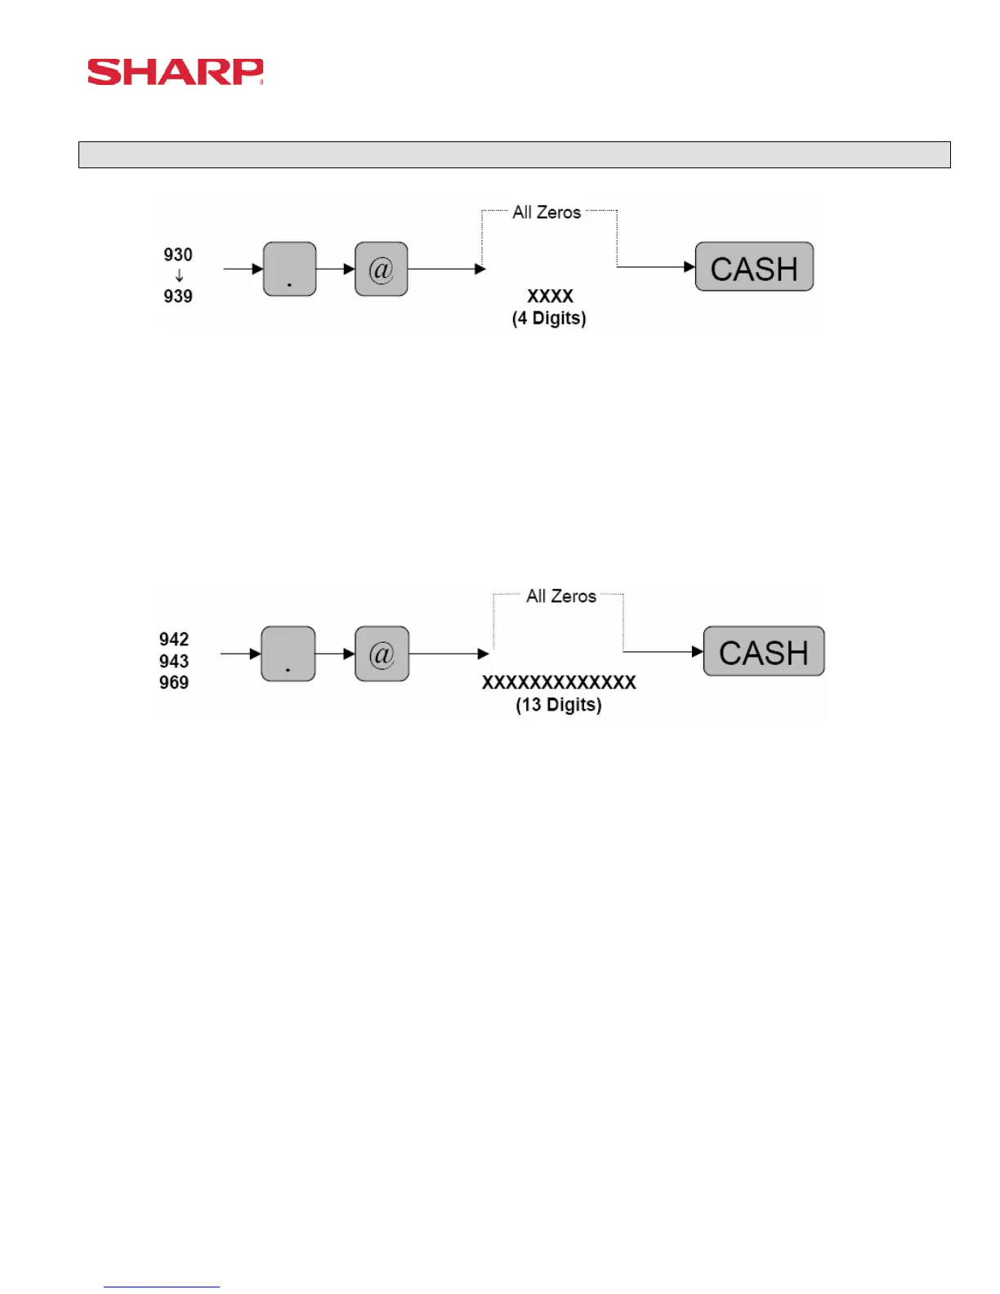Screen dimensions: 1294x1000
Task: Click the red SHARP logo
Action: click(175, 72)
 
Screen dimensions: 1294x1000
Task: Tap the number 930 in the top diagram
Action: click(178, 255)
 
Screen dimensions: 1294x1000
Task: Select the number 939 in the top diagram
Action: click(178, 296)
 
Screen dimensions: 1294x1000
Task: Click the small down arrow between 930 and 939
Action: click(179, 276)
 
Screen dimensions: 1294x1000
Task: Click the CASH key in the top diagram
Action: click(754, 267)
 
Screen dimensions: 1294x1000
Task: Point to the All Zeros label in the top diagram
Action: click(547, 212)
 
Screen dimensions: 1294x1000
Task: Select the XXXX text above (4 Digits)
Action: click(550, 296)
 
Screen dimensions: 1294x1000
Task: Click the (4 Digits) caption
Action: click(549, 318)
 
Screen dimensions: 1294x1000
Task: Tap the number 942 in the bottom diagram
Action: click(174, 639)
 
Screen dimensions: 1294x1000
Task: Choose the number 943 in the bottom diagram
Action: click(174, 661)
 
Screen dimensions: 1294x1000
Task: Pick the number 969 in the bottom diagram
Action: click(174, 682)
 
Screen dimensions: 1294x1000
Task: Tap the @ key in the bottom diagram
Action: click(382, 654)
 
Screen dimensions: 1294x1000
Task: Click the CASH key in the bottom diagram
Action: click(764, 652)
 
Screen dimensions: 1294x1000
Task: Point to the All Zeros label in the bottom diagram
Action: click(561, 596)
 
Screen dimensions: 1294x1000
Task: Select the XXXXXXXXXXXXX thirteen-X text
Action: click(559, 682)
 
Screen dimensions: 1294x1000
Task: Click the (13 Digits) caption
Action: click(559, 704)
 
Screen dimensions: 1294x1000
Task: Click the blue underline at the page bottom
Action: click(162, 1287)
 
